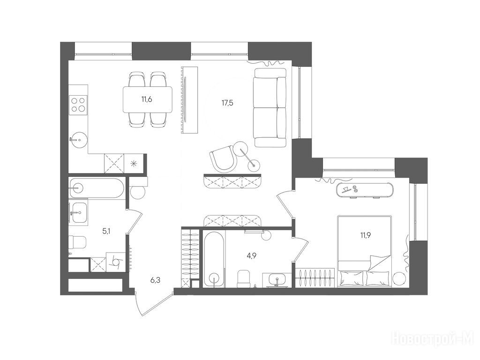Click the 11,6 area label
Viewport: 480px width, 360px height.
pos(147,99)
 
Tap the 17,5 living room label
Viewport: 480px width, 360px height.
pos(227,103)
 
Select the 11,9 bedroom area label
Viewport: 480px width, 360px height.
pos(366,235)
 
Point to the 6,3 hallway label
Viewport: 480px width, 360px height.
pos(156,279)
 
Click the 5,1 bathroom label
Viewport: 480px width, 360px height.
pos(106,232)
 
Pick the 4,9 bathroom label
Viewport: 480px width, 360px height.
pos(251,256)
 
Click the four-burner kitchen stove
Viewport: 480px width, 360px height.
pos(78,105)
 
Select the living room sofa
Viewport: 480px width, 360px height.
pos(270,107)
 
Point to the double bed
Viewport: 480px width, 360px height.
pos(364,251)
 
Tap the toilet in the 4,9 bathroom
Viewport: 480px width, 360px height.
pos(244,278)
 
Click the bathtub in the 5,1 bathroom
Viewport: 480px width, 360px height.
pos(97,188)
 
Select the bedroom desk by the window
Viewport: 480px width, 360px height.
pos(365,190)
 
